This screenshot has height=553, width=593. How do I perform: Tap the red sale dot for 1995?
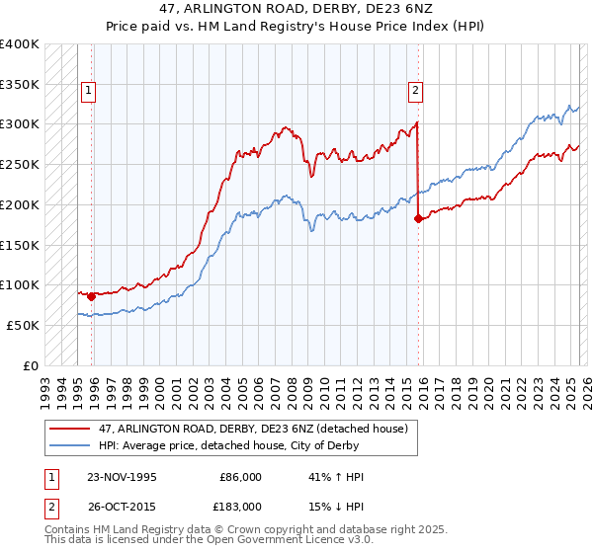click(91, 295)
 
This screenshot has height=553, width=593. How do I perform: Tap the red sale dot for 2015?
click(418, 218)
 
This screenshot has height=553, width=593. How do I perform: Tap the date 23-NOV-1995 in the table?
click(123, 477)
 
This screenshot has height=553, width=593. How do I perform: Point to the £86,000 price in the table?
click(238, 477)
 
